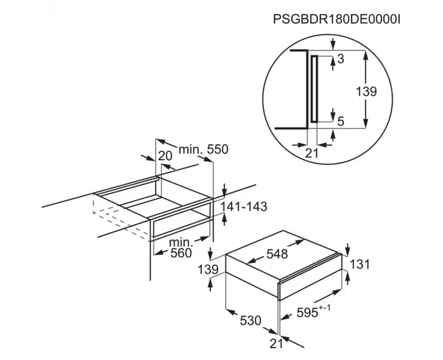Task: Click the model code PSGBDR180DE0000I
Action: pyautogui.click(x=337, y=20)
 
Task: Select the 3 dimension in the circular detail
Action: pyautogui.click(x=341, y=59)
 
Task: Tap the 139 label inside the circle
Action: pyautogui.click(x=366, y=92)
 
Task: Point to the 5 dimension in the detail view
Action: pyautogui.click(x=341, y=121)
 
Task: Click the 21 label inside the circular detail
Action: pyautogui.click(x=311, y=153)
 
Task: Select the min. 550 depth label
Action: pyautogui.click(x=204, y=150)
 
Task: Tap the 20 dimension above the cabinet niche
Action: pyautogui.click(x=165, y=156)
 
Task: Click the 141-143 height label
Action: pyautogui.click(x=244, y=207)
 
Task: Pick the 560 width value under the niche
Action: pyautogui.click(x=181, y=253)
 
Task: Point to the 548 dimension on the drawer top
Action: pyautogui.click(x=277, y=254)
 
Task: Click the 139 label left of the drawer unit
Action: pyautogui.click(x=208, y=270)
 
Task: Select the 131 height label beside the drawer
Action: pyautogui.click(x=359, y=265)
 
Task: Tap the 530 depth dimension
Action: pyautogui.click(x=250, y=321)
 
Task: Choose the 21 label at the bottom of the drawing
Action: pyautogui.click(x=276, y=343)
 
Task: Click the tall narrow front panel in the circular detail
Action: pyautogui.click(x=314, y=89)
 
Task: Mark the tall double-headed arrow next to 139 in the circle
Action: pyautogui.click(x=365, y=89)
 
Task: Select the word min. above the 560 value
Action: pyautogui.click(x=181, y=242)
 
